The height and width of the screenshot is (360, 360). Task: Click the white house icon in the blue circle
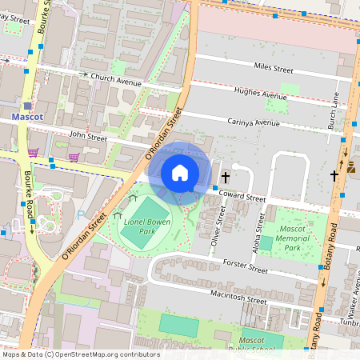180,172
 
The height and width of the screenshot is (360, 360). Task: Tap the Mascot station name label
28,117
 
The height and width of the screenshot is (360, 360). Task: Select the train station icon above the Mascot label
27,105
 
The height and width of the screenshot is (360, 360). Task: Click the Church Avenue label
116,78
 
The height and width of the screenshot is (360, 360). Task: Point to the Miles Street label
273,70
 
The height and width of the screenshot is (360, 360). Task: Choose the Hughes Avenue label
260,94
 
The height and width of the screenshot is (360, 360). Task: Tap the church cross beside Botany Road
334,174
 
